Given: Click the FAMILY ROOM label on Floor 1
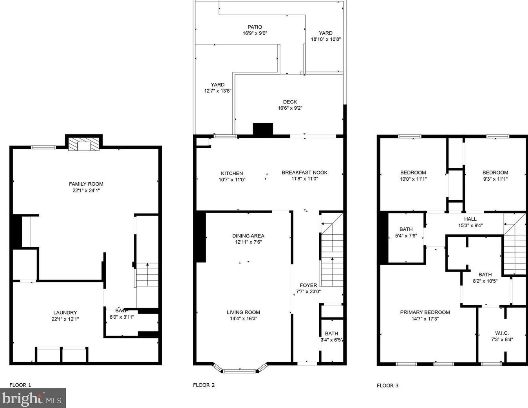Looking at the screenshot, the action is tap(86, 184).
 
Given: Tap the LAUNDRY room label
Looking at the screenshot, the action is tap(65, 313).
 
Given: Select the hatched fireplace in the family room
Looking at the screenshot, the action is tap(84, 145).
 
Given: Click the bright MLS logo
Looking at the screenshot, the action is tap(33, 399).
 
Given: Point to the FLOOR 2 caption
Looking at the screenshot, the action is tap(204, 385).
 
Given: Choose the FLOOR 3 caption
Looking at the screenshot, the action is tap(387, 386).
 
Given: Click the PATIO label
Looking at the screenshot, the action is tap(255, 27).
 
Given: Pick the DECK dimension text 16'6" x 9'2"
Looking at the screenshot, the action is tap(290, 108).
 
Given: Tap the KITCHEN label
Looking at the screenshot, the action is tap(232, 173).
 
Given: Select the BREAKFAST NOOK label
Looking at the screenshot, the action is tap(305, 172).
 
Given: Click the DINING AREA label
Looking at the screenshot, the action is tap(248, 236).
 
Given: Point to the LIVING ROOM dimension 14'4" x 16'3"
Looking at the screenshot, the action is tap(243, 319).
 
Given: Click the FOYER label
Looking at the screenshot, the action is tap(308, 285).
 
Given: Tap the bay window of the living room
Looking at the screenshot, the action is tap(239, 368).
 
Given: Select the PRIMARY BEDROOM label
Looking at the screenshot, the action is tap(425, 312).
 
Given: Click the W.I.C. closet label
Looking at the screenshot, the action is tap(502, 333).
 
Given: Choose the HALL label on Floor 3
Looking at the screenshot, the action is tap(470, 219).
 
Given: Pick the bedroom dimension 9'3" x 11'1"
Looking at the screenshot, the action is tap(495, 179).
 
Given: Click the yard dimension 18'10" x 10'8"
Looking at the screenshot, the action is tap(326, 39).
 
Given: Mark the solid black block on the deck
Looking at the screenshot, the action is tap(263, 129).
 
